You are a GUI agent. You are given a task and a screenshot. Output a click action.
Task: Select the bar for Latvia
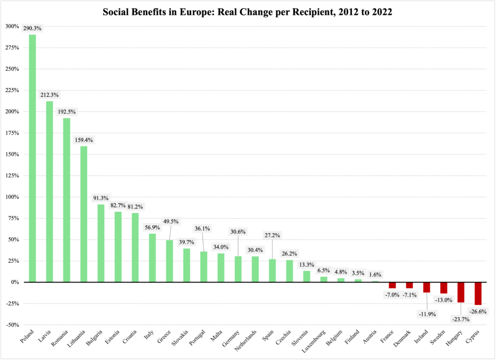pos(49,191)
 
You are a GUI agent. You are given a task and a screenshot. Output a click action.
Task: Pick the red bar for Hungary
pos(461,292)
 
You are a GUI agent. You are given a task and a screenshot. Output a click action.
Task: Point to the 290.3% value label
pos(32,29)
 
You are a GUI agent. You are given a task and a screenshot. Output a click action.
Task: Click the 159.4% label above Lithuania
pos(84,140)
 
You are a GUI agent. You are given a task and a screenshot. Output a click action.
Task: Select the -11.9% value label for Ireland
pos(427,314)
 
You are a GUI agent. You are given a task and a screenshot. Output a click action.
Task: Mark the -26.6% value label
pos(479,311)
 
